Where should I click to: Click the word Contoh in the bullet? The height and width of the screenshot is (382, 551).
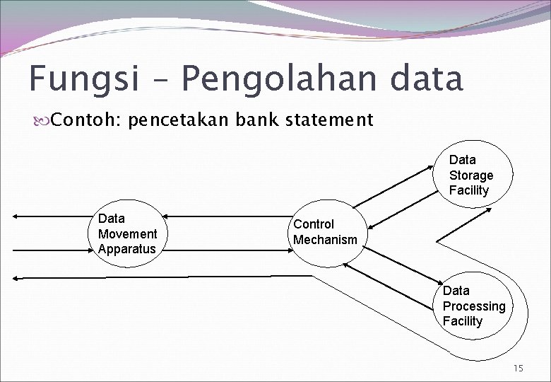tap(85, 120)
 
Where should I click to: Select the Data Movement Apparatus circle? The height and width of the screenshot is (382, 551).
tap(128, 233)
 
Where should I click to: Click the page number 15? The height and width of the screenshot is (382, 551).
tap(519, 368)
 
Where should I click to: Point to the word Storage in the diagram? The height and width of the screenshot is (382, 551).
tap(471, 175)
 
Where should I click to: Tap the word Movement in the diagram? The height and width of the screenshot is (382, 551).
tap(128, 234)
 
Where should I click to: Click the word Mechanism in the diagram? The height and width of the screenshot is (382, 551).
tap(326, 240)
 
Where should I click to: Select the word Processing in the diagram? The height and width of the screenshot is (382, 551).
tap(474, 306)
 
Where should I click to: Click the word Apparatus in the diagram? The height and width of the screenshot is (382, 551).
tap(127, 249)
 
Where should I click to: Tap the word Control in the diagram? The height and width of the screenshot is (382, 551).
tap(314, 224)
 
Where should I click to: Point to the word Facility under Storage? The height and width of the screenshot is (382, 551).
tap(468, 190)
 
